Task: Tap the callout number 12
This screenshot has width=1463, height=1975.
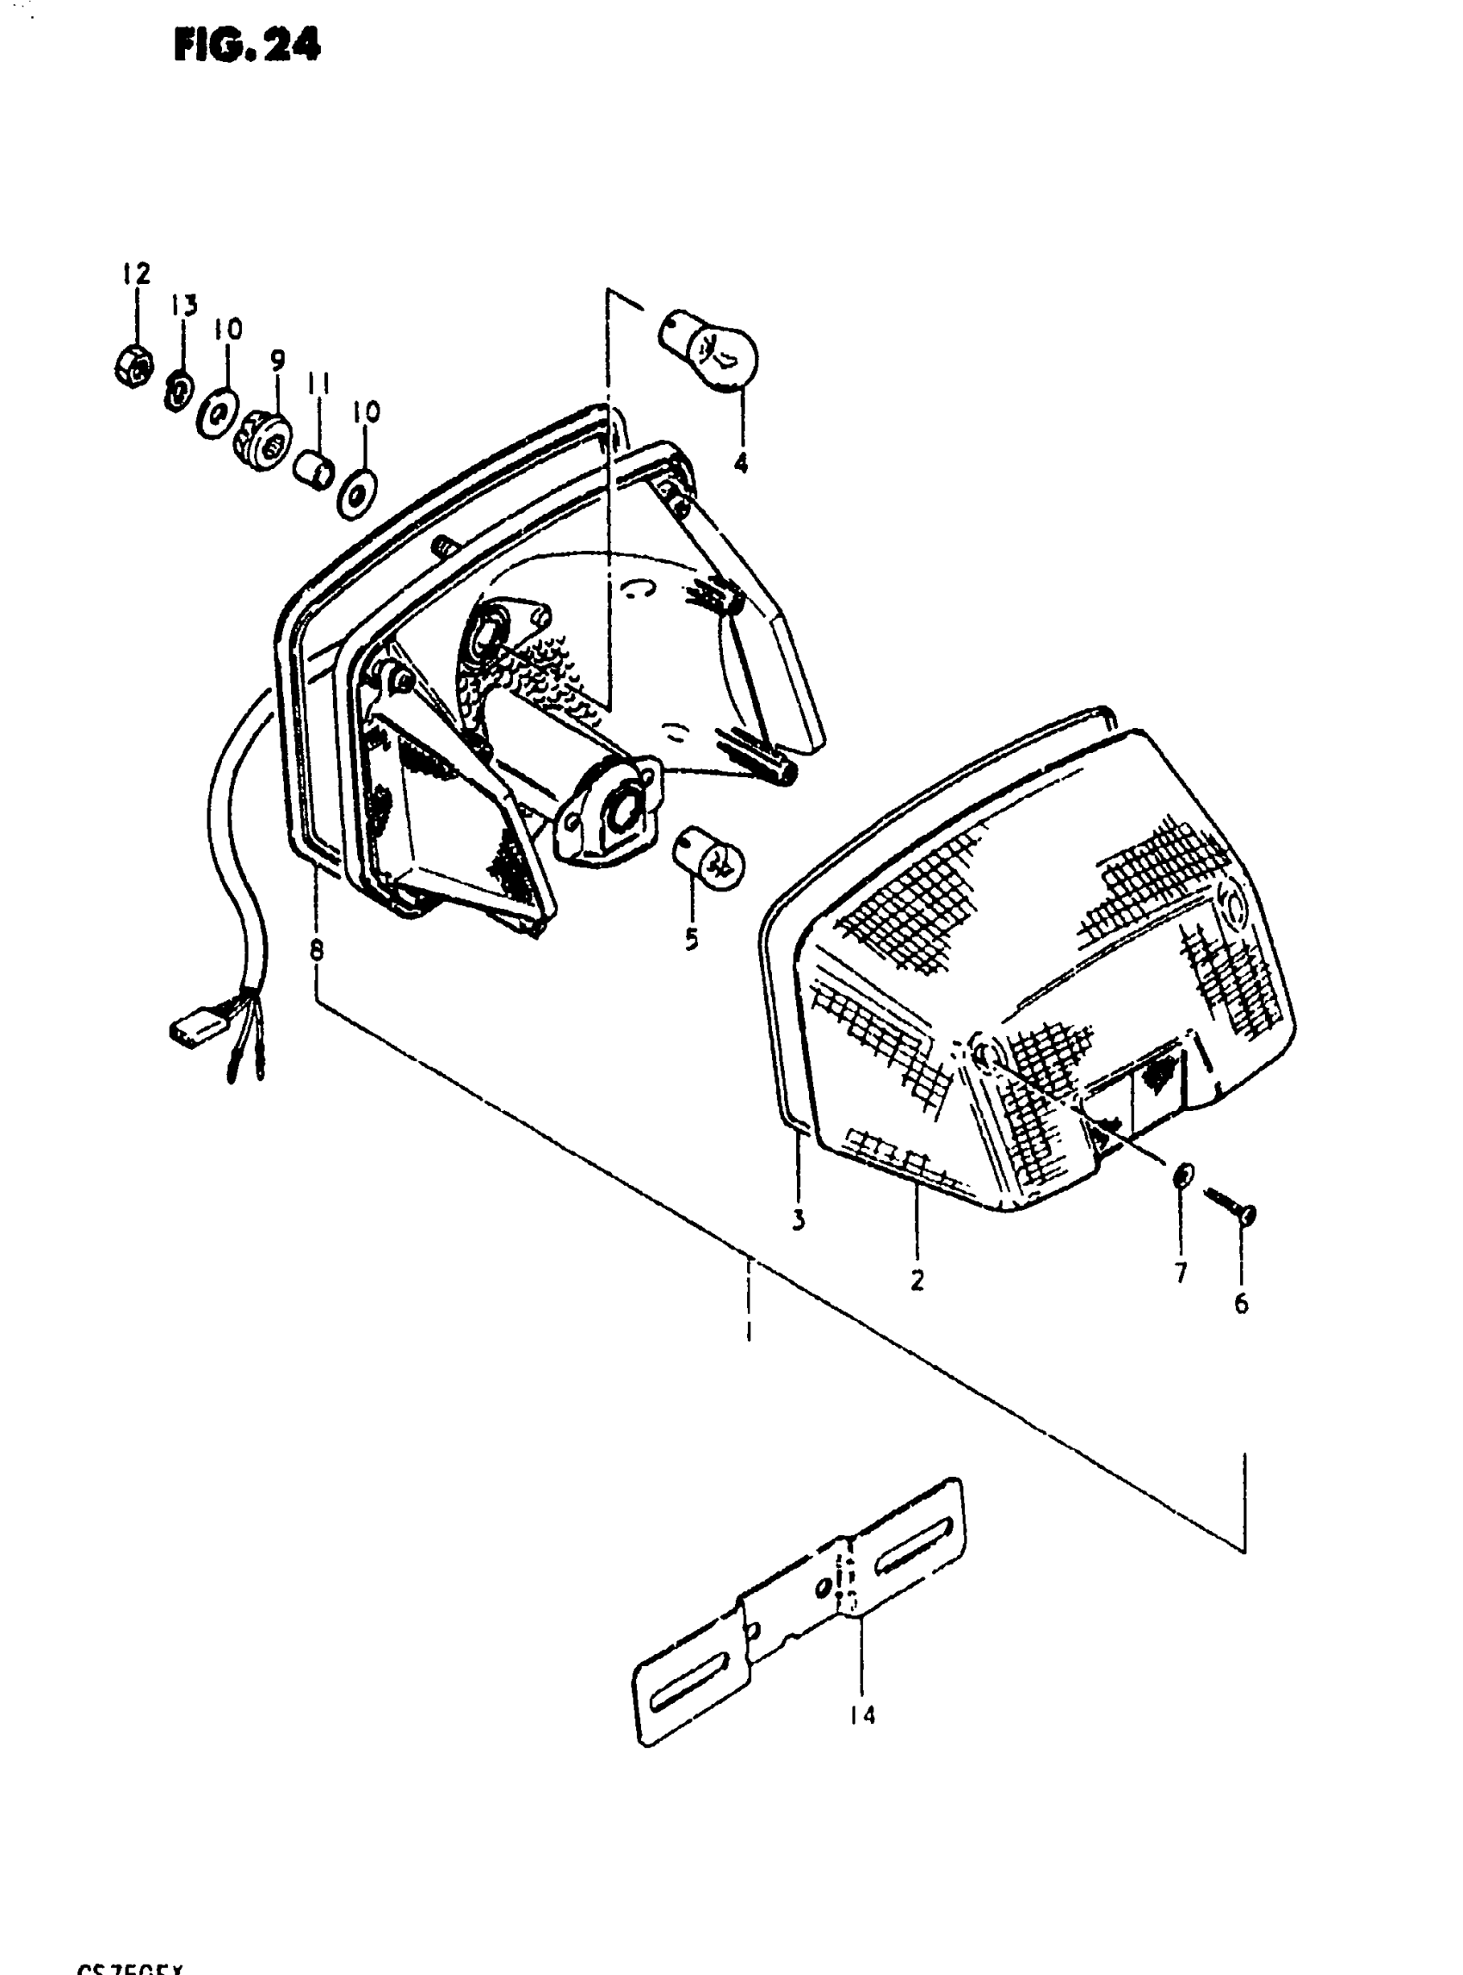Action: [x=138, y=273]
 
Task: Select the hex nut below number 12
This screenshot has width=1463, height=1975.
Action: [x=133, y=365]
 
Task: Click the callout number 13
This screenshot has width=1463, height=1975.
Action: [x=184, y=306]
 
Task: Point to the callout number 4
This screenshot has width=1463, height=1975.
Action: [x=740, y=462]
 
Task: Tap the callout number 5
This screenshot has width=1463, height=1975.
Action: [x=691, y=938]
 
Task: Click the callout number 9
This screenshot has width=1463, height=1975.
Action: [x=277, y=361]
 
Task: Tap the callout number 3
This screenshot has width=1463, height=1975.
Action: [x=798, y=1220]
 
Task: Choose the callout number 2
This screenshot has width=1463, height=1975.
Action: [x=917, y=1280]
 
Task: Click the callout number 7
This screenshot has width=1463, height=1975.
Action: [x=1181, y=1273]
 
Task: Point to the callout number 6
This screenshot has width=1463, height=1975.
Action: [x=1241, y=1303]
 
